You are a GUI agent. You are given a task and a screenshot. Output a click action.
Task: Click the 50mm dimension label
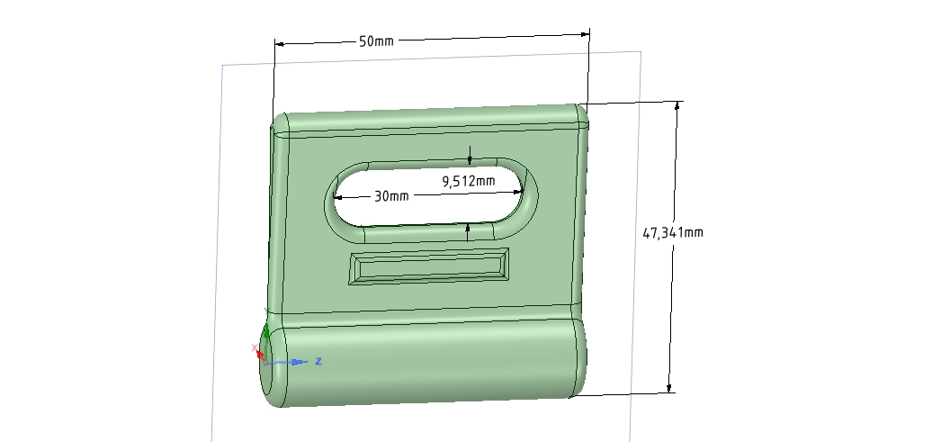click(x=376, y=41)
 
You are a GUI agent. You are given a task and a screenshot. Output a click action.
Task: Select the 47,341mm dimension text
click(x=673, y=232)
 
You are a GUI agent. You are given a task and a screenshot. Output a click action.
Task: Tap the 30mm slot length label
click(x=391, y=196)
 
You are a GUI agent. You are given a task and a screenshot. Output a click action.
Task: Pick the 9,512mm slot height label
click(x=469, y=181)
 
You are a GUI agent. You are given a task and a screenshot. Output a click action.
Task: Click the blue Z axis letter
click(x=318, y=361)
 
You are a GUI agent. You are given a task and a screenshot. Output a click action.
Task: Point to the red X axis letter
click(x=254, y=347)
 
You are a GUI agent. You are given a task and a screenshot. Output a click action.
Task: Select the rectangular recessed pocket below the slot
click(x=429, y=266)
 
